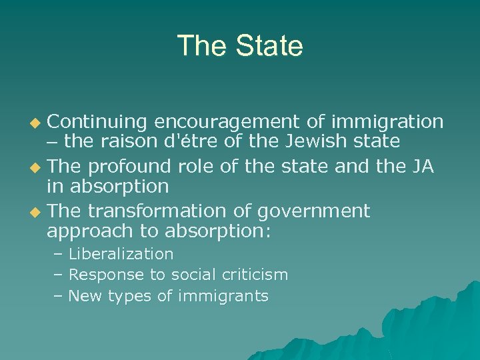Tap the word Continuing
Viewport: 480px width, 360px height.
(x=97, y=121)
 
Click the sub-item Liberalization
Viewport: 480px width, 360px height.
(x=121, y=254)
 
